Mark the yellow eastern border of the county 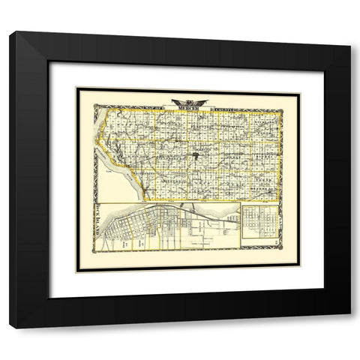tap(280, 150)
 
